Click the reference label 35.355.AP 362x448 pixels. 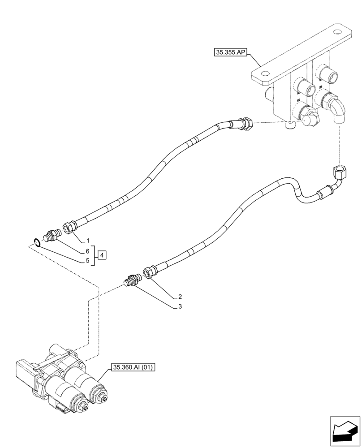click(x=230, y=53)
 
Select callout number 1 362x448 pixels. click(x=88, y=241)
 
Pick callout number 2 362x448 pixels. click(x=180, y=297)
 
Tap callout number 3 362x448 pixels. click(x=180, y=307)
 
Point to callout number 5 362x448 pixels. click(x=88, y=260)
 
